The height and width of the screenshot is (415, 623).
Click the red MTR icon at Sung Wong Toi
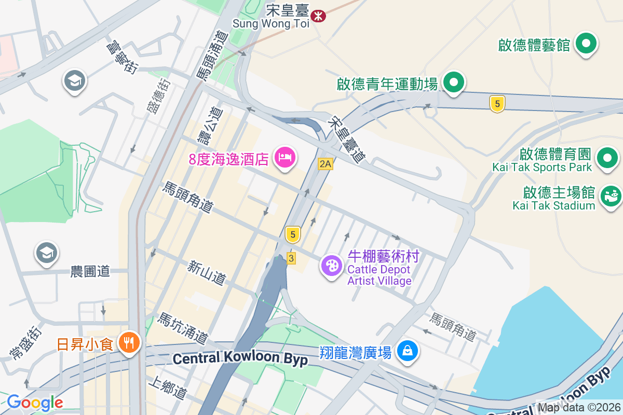coord(318,16)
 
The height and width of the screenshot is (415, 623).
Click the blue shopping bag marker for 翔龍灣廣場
coord(408,351)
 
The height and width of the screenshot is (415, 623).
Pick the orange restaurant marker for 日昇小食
coord(128,343)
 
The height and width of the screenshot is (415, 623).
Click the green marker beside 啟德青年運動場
coord(454,82)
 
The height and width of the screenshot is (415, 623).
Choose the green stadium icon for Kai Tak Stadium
coord(611,196)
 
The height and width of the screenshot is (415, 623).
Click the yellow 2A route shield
coord(326,164)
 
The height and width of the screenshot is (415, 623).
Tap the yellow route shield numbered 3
coord(291,258)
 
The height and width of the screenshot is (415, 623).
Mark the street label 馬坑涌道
coord(183,328)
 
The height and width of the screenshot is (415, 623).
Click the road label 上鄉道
coord(167,389)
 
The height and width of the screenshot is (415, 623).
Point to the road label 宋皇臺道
coord(347,139)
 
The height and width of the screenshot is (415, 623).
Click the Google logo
coord(35,403)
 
